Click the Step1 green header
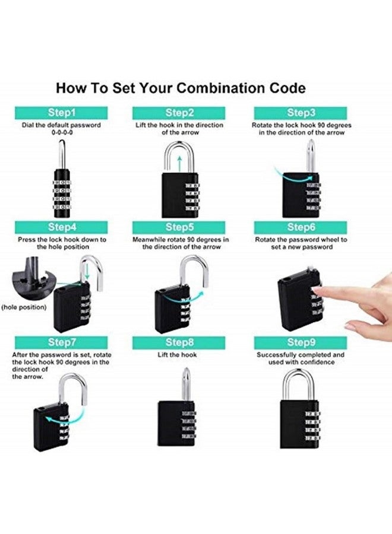61,113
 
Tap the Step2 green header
179,113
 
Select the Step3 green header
301,113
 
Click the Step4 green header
61,227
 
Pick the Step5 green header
179,227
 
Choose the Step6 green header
301,227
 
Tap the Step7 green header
61,342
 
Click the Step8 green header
179,342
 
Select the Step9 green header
301,342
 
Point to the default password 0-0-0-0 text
61,133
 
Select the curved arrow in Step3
291,174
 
